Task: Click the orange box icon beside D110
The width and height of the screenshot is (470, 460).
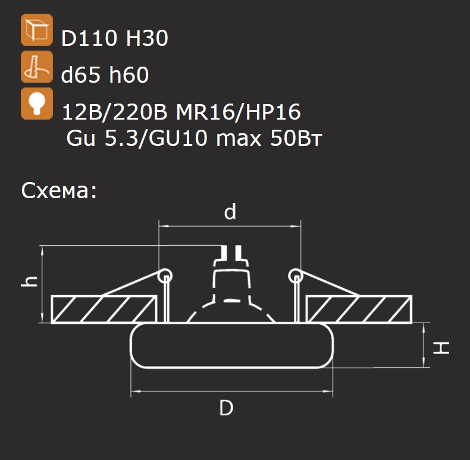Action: pyautogui.click(x=37, y=30)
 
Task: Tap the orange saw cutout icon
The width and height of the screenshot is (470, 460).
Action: pyautogui.click(x=37, y=67)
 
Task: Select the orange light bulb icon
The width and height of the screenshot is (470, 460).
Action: pyautogui.click(x=37, y=104)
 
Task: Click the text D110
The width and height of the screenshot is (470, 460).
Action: pyautogui.click(x=89, y=38)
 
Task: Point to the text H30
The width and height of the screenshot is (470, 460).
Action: pyautogui.click(x=147, y=38)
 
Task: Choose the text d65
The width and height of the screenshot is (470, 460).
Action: pyautogui.click(x=80, y=74)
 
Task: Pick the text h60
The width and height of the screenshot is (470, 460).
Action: pyautogui.click(x=129, y=74)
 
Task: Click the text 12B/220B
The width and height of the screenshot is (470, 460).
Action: pyautogui.click(x=114, y=112)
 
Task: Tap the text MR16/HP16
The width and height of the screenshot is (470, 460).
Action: pyautogui.click(x=239, y=112)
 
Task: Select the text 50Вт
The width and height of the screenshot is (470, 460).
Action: pyautogui.click(x=296, y=138)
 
